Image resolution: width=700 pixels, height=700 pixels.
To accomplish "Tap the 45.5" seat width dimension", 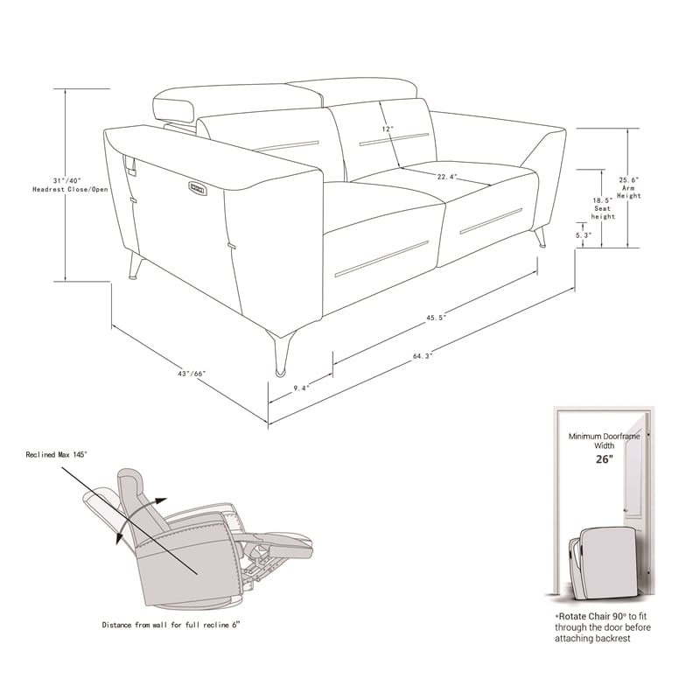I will (x=437, y=318).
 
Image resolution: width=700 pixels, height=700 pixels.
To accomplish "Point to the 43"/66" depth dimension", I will (x=191, y=374).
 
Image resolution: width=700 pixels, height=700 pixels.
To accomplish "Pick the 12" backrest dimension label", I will (x=388, y=129).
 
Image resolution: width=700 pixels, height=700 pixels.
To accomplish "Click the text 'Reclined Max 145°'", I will (x=56, y=454).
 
